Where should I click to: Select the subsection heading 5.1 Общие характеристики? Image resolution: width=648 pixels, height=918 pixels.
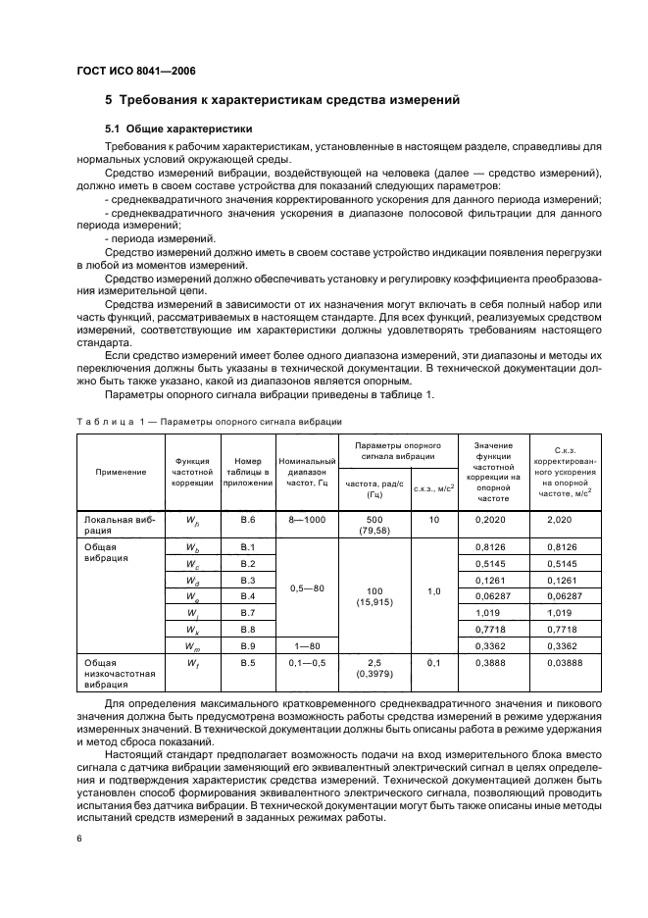coord(180,128)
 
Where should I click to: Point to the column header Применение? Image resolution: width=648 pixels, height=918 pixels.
coord(121,472)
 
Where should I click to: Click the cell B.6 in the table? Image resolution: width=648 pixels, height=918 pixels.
coord(247,520)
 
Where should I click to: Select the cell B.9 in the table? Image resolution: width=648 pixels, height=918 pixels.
coord(247,646)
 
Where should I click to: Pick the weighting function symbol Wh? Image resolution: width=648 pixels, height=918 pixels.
coord(192,521)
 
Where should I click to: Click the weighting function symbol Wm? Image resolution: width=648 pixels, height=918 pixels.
coord(192,647)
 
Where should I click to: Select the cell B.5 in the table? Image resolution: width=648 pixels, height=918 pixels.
coord(247,665)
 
